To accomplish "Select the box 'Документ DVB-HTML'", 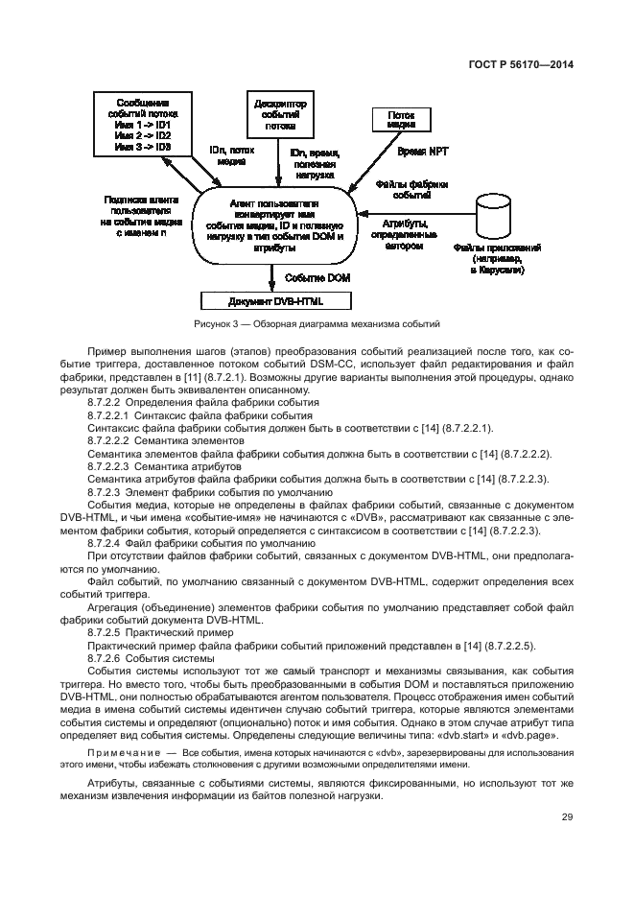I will pos(276,300).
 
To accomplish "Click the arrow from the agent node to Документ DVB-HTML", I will pos(275,277).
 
